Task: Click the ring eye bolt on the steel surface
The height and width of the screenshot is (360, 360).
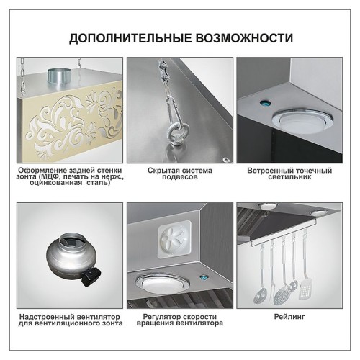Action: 174,133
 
